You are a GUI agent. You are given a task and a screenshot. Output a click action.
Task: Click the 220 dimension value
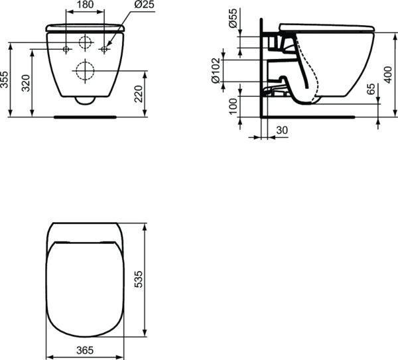coord(137,93)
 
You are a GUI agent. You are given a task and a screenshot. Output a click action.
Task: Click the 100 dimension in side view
coord(233,106)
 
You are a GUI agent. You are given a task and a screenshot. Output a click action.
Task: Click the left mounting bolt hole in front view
coord(66,49)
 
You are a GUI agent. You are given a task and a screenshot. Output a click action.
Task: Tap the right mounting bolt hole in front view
coord(105,49)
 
